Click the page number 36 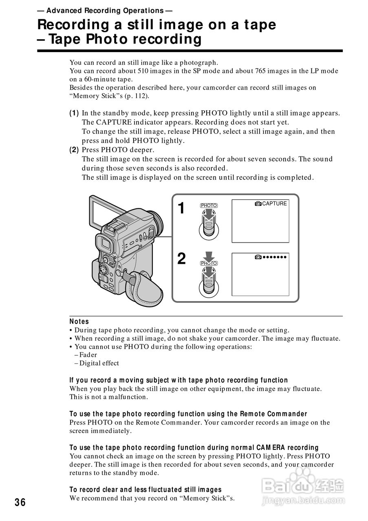pyautogui.click(x=20, y=502)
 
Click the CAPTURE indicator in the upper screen pyautogui.click(x=271, y=204)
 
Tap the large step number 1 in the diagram pyautogui.click(x=182, y=209)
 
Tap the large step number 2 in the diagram pyautogui.click(x=182, y=259)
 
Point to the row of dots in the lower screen pyautogui.click(x=275, y=257)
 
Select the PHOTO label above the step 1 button pyautogui.click(x=209, y=206)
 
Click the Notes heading pyautogui.click(x=79, y=322)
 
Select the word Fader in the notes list pyautogui.click(x=88, y=355)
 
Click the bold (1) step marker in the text pyautogui.click(x=74, y=113)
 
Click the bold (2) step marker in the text pyautogui.click(x=74, y=150)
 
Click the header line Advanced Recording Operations pyautogui.click(x=105, y=11)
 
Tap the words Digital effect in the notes pyautogui.click(x=99, y=363)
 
